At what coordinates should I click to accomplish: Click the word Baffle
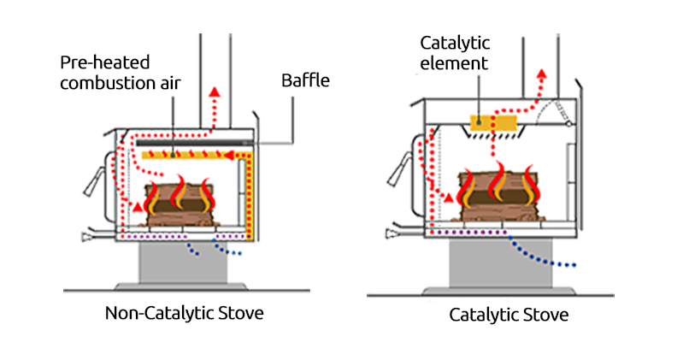[305, 82]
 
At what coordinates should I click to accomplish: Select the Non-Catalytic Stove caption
[184, 313]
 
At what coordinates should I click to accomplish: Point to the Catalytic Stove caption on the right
[509, 315]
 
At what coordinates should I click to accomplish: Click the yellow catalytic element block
[493, 123]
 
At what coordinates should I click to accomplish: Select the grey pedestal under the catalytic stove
[497, 264]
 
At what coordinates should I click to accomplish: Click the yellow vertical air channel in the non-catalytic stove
[250, 197]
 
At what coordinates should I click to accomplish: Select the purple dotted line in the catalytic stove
[470, 230]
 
